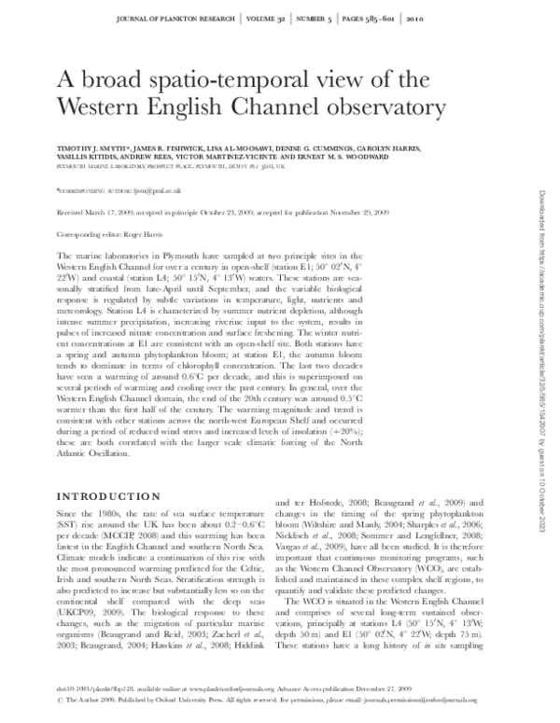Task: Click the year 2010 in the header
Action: pos(440,18)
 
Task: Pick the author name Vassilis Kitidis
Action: pos(89,159)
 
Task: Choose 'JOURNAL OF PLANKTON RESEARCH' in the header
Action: pos(183,18)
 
